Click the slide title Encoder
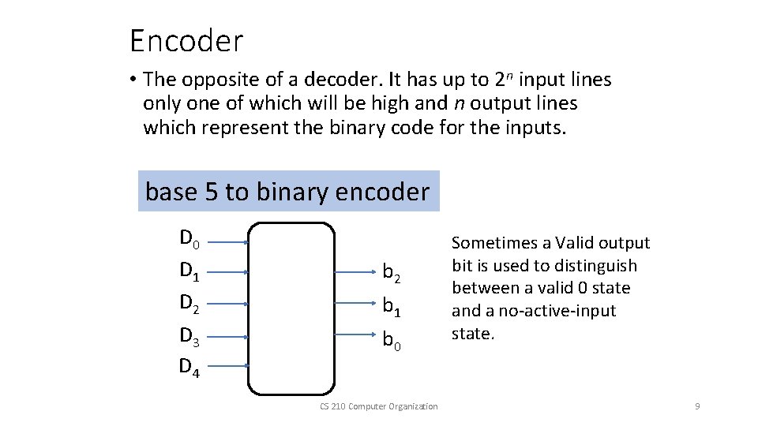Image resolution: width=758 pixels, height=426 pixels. [x=186, y=40]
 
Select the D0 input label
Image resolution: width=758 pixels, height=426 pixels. [x=189, y=238]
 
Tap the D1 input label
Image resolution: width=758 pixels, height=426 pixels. [x=189, y=271]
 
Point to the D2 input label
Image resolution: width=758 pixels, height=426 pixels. [x=189, y=304]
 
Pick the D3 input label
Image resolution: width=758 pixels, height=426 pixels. [x=189, y=335]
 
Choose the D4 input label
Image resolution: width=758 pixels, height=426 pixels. [x=189, y=366]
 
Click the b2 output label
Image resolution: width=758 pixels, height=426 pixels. [x=392, y=273]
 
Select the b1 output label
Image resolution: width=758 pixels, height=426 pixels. [x=392, y=305]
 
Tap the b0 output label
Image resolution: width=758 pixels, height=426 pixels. [x=392, y=339]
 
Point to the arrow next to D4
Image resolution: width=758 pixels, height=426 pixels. [x=229, y=365]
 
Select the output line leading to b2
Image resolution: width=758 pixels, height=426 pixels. [x=355, y=273]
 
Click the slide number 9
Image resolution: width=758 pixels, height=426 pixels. [x=697, y=406]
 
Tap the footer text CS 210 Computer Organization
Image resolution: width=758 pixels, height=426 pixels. [x=379, y=406]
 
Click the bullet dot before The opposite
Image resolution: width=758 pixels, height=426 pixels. [x=135, y=80]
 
